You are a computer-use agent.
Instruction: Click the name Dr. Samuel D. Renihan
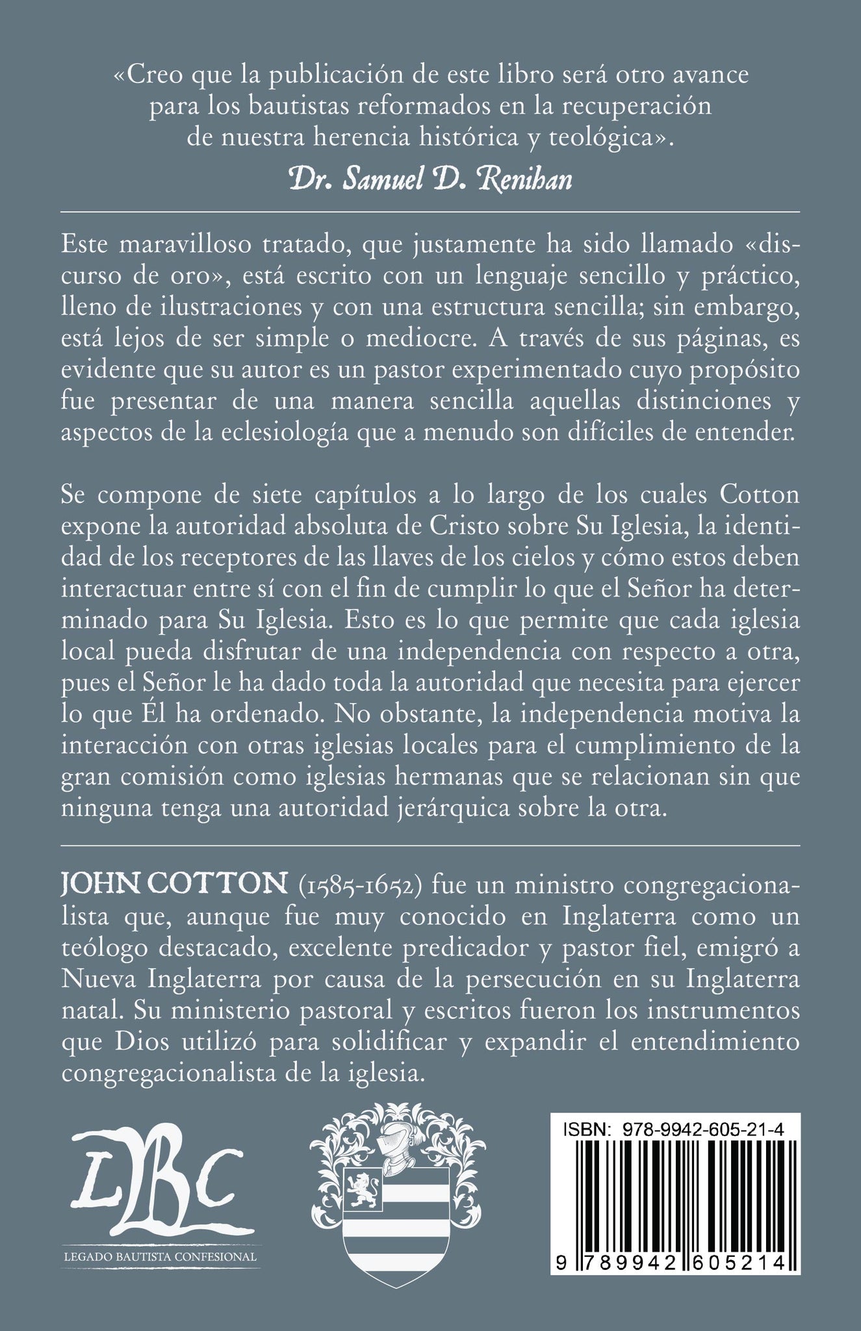431,178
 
